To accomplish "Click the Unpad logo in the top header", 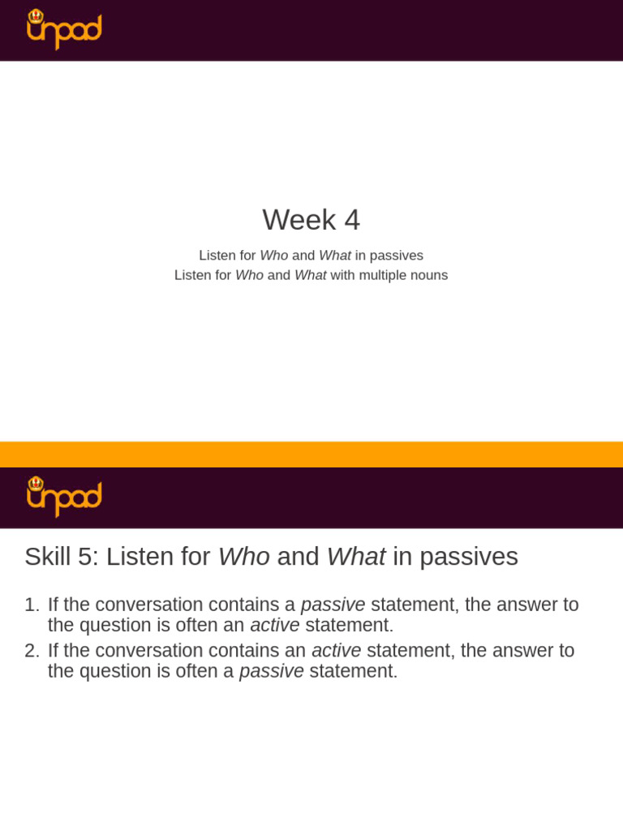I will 64,30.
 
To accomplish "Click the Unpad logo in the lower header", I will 64,497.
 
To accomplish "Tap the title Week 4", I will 311,220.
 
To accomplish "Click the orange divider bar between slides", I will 311,454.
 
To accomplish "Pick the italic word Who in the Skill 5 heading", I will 243,557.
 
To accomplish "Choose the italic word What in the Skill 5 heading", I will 355,557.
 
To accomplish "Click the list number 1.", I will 31,605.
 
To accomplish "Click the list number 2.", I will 31,651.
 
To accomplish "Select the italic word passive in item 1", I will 333,605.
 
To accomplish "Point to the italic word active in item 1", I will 274,626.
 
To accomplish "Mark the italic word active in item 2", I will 336,651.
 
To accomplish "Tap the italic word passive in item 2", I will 271,672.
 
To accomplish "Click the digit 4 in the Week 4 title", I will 351,220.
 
